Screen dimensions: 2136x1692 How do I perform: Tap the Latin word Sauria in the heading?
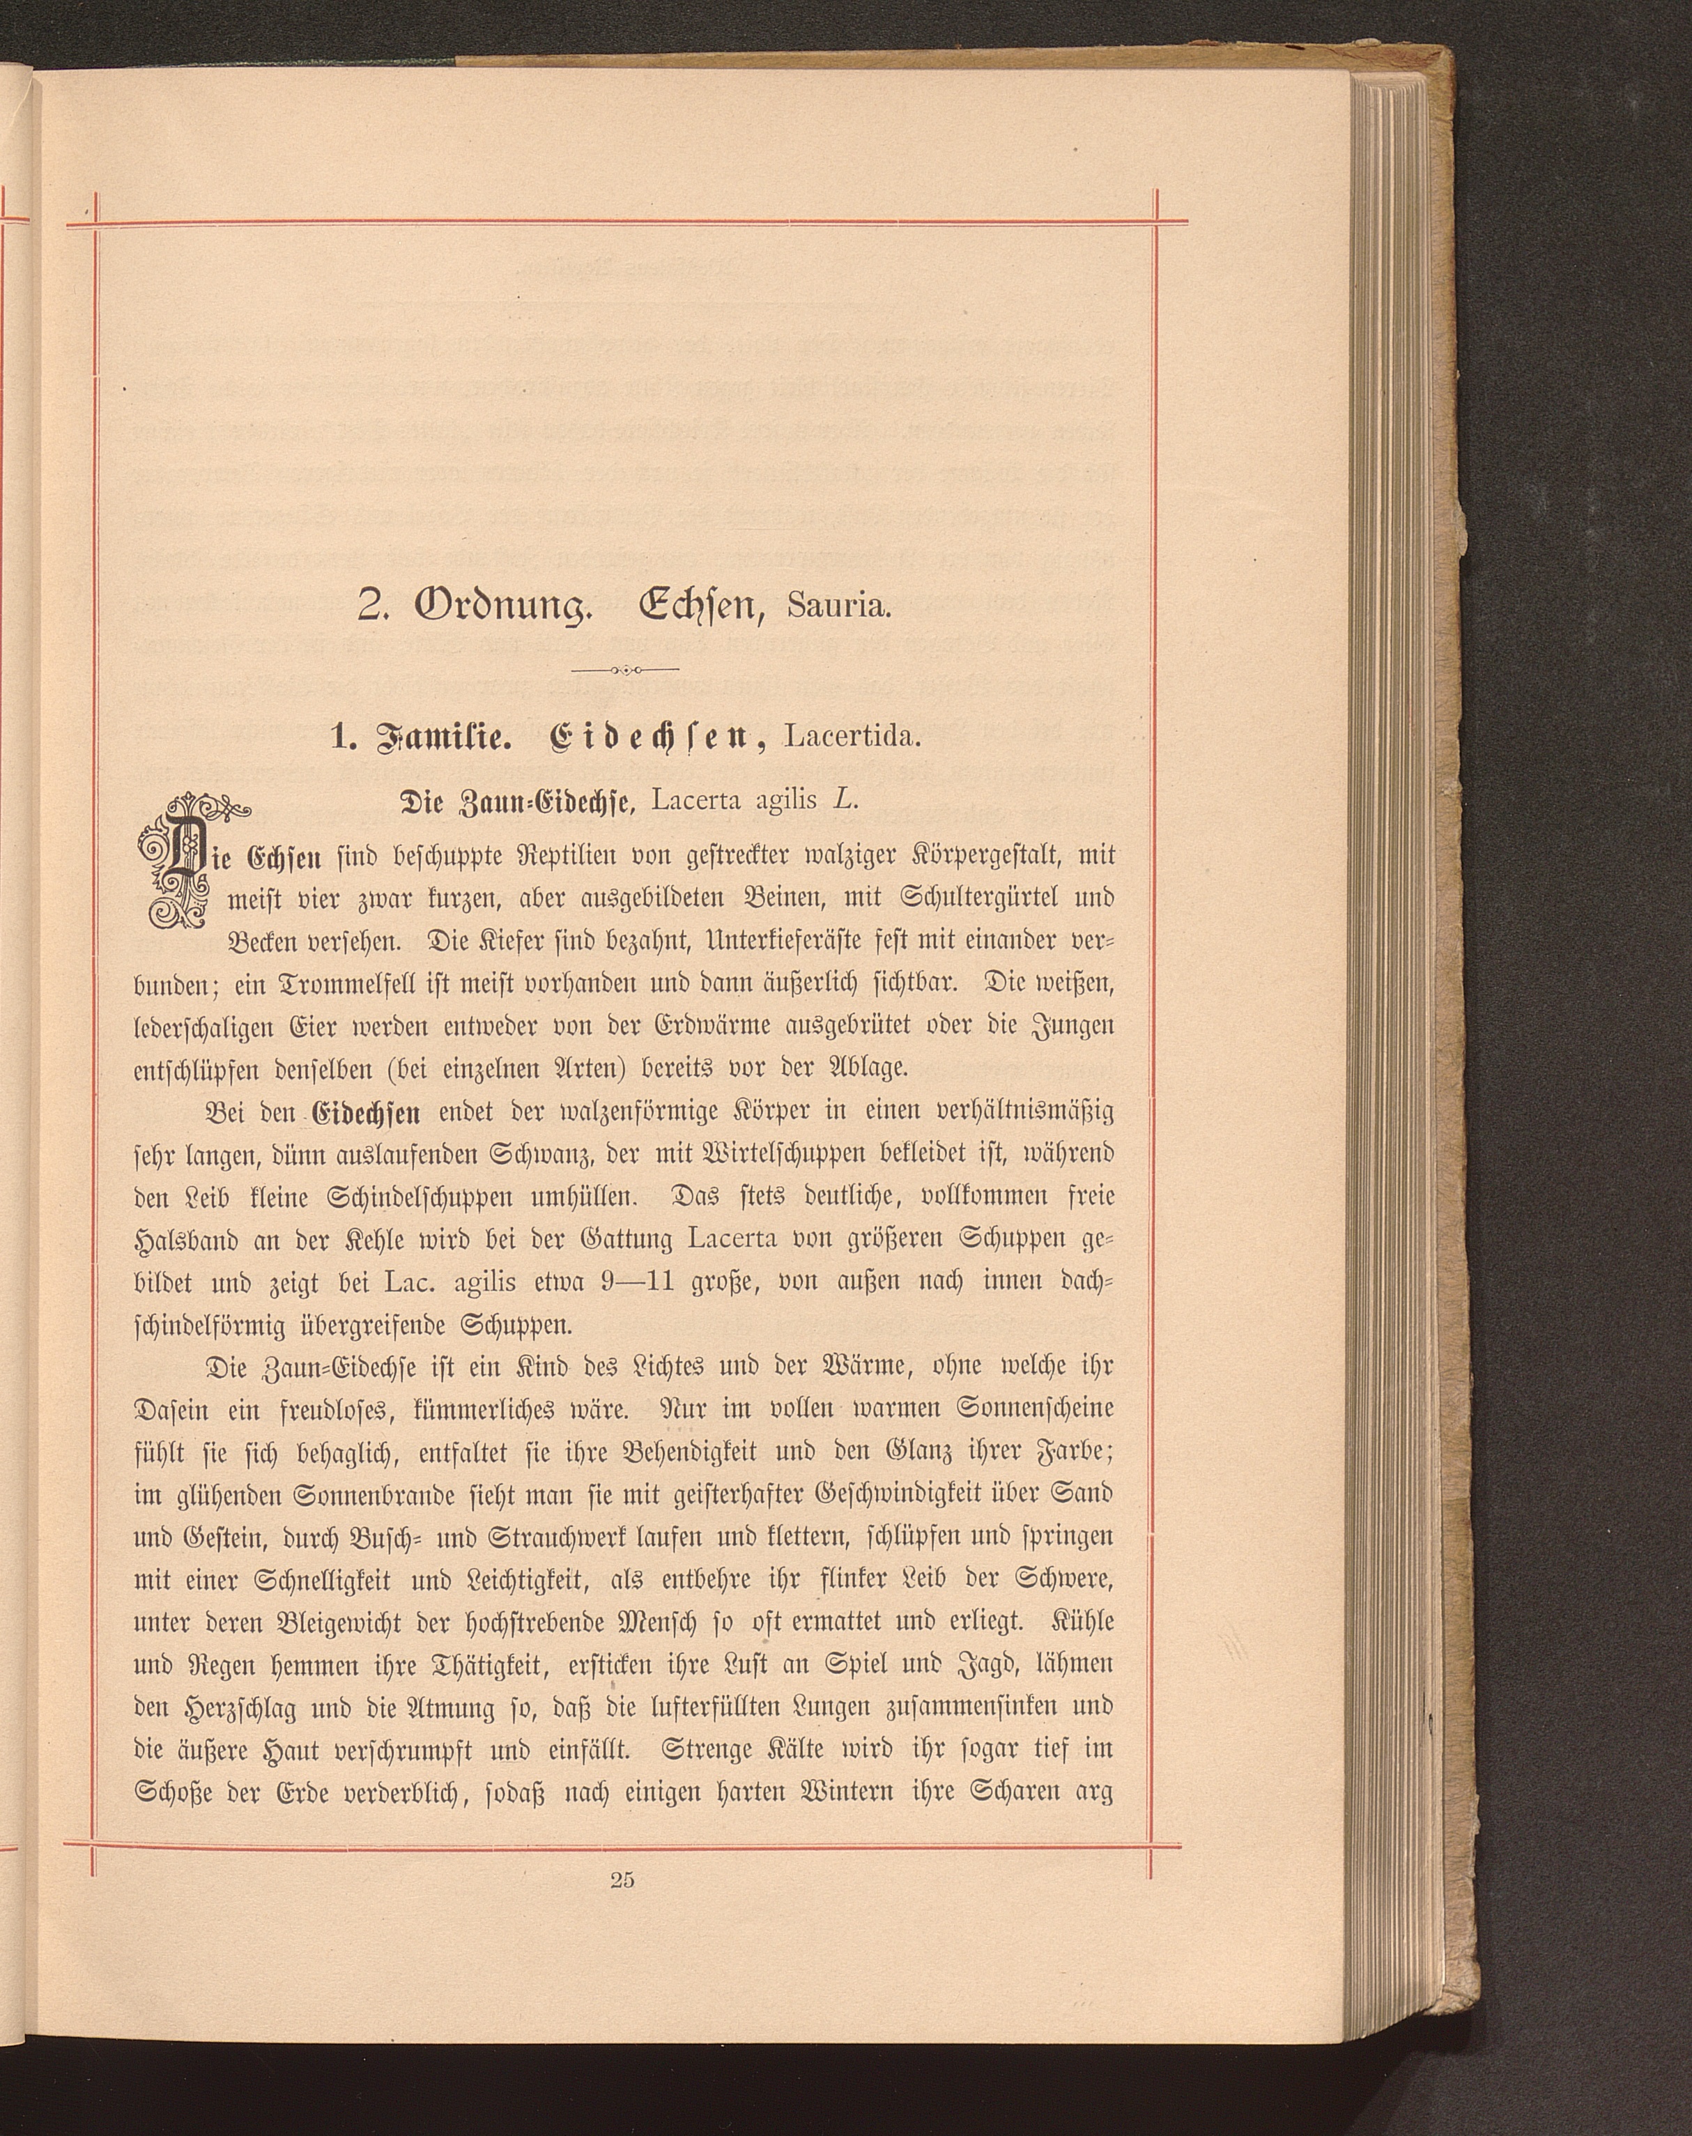coord(839,607)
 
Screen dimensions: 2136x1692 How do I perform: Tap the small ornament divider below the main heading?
coord(625,670)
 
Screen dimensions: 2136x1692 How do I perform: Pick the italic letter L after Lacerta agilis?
coord(843,801)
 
